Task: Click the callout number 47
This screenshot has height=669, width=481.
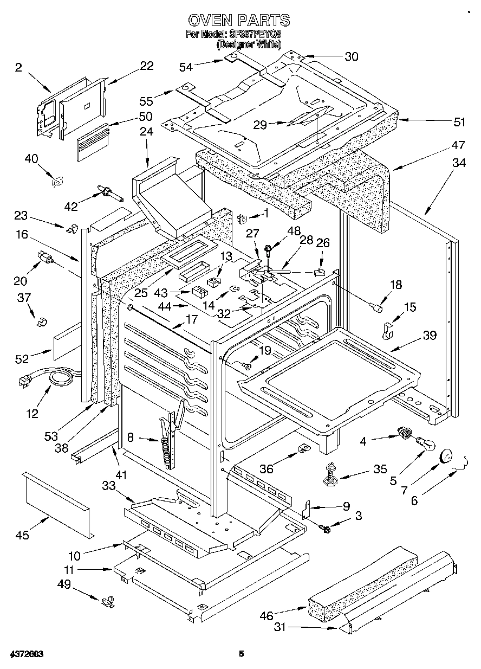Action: [458, 145]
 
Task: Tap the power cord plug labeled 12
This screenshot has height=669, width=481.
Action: [25, 381]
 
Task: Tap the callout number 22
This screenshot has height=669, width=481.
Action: [146, 66]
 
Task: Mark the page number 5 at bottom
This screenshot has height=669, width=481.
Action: [242, 654]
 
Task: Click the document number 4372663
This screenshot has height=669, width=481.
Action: [26, 654]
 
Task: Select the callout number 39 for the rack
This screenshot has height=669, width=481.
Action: [430, 336]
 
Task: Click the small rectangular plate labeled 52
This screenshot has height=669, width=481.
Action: [66, 343]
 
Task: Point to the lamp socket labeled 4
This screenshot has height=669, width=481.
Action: [402, 432]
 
